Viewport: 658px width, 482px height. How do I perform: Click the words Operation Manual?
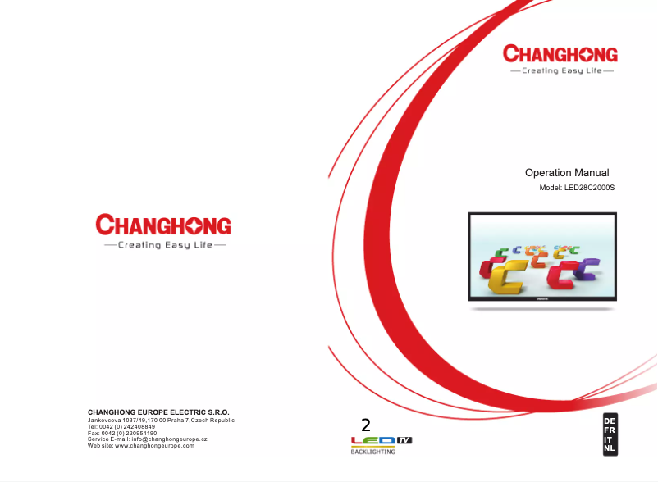point(567,173)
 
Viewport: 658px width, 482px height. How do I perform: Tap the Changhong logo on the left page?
point(163,225)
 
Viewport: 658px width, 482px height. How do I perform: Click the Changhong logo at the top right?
point(560,55)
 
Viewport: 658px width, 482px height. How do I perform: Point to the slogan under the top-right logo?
point(561,71)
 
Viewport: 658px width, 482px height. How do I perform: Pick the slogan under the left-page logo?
point(164,244)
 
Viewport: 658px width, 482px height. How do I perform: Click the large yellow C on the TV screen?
point(507,279)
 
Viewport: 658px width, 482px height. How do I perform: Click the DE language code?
point(609,421)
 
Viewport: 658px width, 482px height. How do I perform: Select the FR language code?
point(609,430)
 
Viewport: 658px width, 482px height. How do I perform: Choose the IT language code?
point(609,440)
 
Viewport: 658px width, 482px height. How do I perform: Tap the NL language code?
point(609,449)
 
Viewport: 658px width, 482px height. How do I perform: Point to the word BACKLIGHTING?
point(373,452)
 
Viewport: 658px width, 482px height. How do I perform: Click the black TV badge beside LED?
point(404,440)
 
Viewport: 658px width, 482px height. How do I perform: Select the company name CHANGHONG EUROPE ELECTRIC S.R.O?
point(158,412)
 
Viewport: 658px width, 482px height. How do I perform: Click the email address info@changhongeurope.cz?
point(169,439)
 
